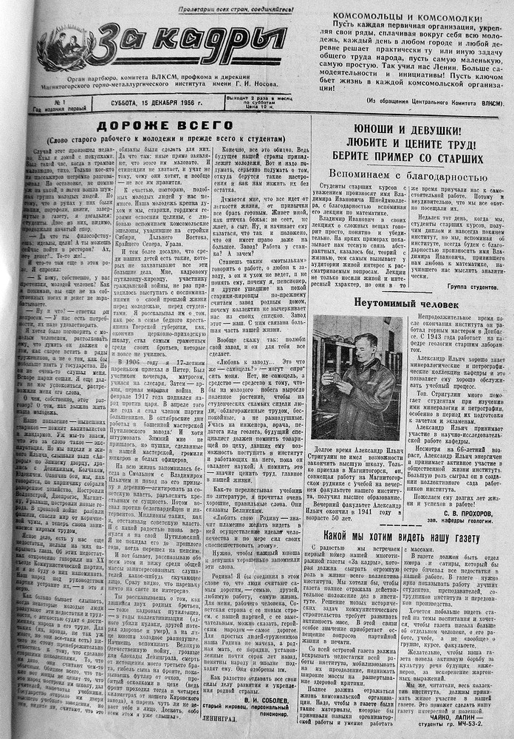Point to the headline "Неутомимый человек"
[x=405, y=303]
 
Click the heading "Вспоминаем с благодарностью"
[x=403, y=175]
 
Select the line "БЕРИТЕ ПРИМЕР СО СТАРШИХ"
[x=403, y=157]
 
